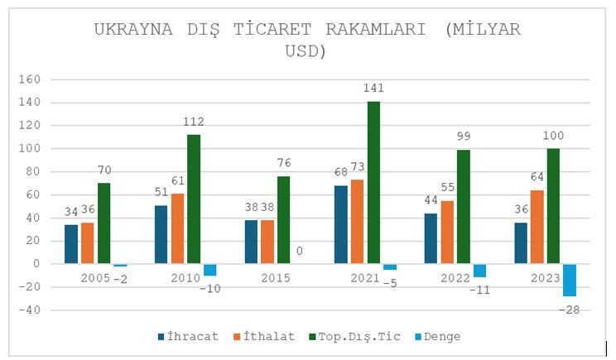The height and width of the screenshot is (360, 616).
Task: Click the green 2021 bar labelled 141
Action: click(374, 182)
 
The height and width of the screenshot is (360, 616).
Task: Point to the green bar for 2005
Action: click(103, 223)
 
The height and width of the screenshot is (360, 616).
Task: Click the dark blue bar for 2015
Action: click(251, 242)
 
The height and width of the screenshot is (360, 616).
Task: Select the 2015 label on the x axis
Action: click(275, 278)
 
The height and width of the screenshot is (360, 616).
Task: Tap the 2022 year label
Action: click(455, 278)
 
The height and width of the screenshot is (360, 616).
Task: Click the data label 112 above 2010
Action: click(194, 122)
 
